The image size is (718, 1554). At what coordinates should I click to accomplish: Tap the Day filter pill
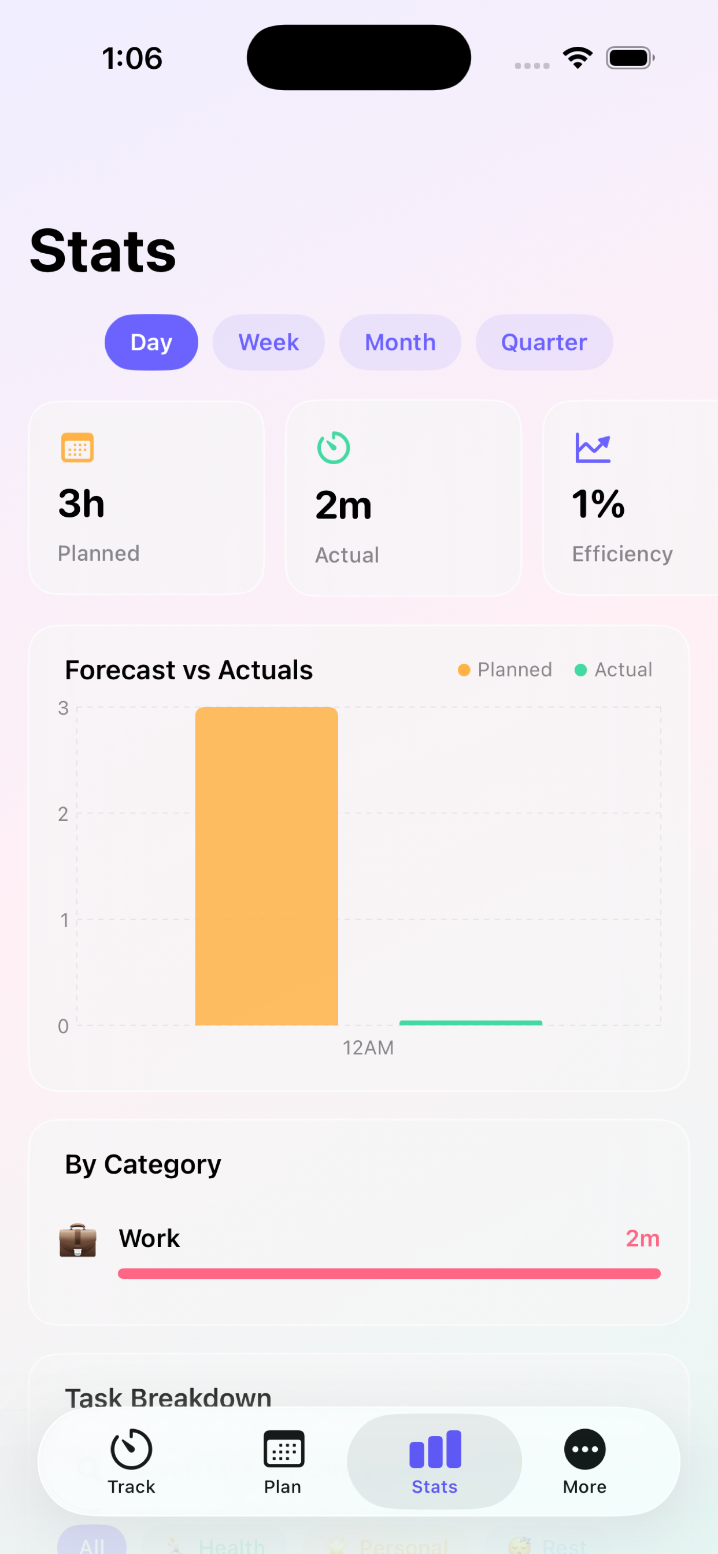[x=151, y=342]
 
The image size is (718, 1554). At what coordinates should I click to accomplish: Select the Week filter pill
[x=268, y=342]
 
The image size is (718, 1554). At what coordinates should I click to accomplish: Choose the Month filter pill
[x=400, y=342]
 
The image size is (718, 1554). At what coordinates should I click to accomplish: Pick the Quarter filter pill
[x=543, y=342]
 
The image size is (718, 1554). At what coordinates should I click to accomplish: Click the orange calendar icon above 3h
[x=77, y=447]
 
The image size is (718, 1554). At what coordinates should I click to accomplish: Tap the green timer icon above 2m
[x=334, y=447]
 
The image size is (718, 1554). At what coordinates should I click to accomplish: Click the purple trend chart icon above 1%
[x=593, y=447]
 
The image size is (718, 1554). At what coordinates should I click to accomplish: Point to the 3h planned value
[x=82, y=504]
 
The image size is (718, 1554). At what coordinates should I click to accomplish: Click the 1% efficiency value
[x=598, y=504]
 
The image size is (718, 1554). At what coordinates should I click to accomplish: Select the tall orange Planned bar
[x=266, y=865]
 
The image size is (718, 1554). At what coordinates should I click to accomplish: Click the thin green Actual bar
[x=471, y=1023]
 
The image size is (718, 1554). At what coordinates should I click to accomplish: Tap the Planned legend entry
[x=505, y=669]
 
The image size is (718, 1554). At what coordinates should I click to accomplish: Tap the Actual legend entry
[x=613, y=669]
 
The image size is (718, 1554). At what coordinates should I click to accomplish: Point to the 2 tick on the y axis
[x=63, y=814]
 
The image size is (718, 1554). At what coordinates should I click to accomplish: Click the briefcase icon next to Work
[x=78, y=1239]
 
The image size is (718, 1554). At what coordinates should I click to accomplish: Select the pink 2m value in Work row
[x=642, y=1238]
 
